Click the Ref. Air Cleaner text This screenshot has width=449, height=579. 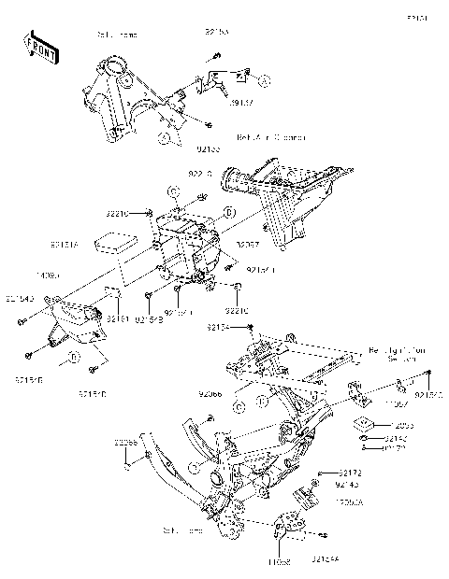270,137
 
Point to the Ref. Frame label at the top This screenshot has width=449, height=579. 117,35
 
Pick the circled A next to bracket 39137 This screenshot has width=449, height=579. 265,82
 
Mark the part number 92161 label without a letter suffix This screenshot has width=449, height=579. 116,318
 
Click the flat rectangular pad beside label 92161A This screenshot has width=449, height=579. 117,243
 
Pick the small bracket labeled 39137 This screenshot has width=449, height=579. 217,84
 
